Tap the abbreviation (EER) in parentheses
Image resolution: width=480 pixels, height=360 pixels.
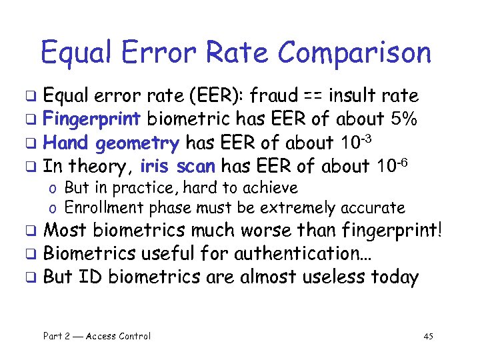[217, 95]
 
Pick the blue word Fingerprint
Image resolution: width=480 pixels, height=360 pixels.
[91, 119]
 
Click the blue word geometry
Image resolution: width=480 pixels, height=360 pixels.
[138, 143]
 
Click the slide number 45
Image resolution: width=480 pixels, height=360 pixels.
[428, 336]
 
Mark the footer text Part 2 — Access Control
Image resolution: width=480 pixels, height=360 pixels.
[97, 336]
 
